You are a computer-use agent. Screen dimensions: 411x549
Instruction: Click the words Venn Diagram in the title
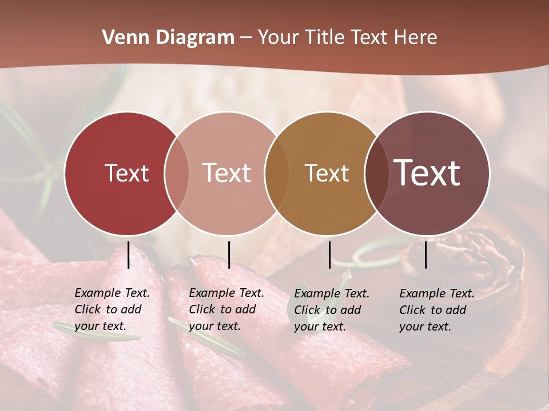168,38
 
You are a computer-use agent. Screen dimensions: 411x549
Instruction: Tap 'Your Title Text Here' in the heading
347,38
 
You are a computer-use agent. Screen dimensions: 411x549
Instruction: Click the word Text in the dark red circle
126,173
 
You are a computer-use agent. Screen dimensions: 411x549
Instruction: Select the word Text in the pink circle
226,173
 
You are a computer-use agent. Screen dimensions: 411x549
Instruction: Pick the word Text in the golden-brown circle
327,173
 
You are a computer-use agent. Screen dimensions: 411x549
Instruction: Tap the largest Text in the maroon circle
427,172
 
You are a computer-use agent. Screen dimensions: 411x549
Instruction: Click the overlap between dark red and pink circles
177,173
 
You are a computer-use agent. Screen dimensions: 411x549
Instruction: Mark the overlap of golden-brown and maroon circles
377,173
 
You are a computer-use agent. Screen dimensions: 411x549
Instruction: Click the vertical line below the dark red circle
129,255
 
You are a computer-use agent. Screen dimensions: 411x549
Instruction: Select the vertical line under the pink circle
229,255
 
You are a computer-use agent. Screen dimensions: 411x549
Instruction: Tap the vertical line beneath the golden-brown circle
329,255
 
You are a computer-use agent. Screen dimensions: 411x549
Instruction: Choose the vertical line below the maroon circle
426,255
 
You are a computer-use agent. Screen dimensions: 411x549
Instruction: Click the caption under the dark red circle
112,309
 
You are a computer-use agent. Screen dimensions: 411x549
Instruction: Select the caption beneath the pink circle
226,309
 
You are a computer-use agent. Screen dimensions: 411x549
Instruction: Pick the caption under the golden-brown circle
331,310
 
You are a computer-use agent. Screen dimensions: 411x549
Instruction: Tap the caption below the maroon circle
436,310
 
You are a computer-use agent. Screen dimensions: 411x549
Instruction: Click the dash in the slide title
246,38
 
